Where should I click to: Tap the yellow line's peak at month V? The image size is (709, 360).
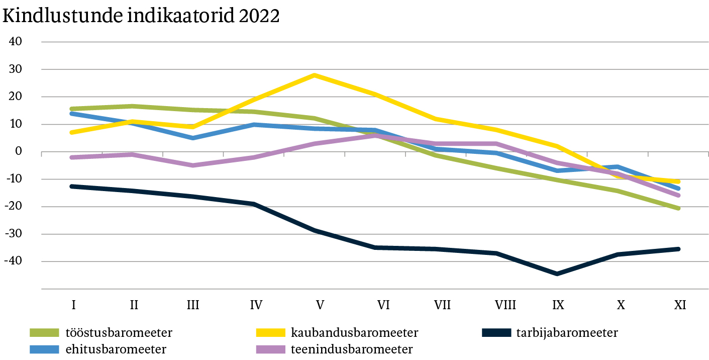[315, 75]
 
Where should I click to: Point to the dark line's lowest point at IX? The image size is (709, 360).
[557, 274]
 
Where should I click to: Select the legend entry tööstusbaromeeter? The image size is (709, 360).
[119, 333]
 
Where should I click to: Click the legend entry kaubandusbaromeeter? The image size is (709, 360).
[354, 333]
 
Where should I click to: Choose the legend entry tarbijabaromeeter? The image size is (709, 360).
[567, 333]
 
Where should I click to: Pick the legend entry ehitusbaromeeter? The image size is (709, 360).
[116, 349]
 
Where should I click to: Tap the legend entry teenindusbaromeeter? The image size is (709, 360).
[352, 349]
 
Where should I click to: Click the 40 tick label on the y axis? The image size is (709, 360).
[16, 42]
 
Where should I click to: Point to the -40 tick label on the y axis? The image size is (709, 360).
[14, 261]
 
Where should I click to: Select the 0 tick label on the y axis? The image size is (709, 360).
[19, 152]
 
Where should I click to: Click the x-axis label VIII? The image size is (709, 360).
[505, 305]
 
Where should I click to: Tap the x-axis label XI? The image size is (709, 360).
[679, 305]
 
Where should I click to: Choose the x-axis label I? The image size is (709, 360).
[73, 305]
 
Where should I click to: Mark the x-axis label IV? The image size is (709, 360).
[256, 305]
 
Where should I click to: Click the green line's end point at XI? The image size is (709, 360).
[679, 208]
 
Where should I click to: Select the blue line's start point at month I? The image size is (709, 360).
[72, 114]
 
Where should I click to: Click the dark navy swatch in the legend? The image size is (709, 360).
[496, 333]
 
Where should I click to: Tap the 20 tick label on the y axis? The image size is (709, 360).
[16, 97]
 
